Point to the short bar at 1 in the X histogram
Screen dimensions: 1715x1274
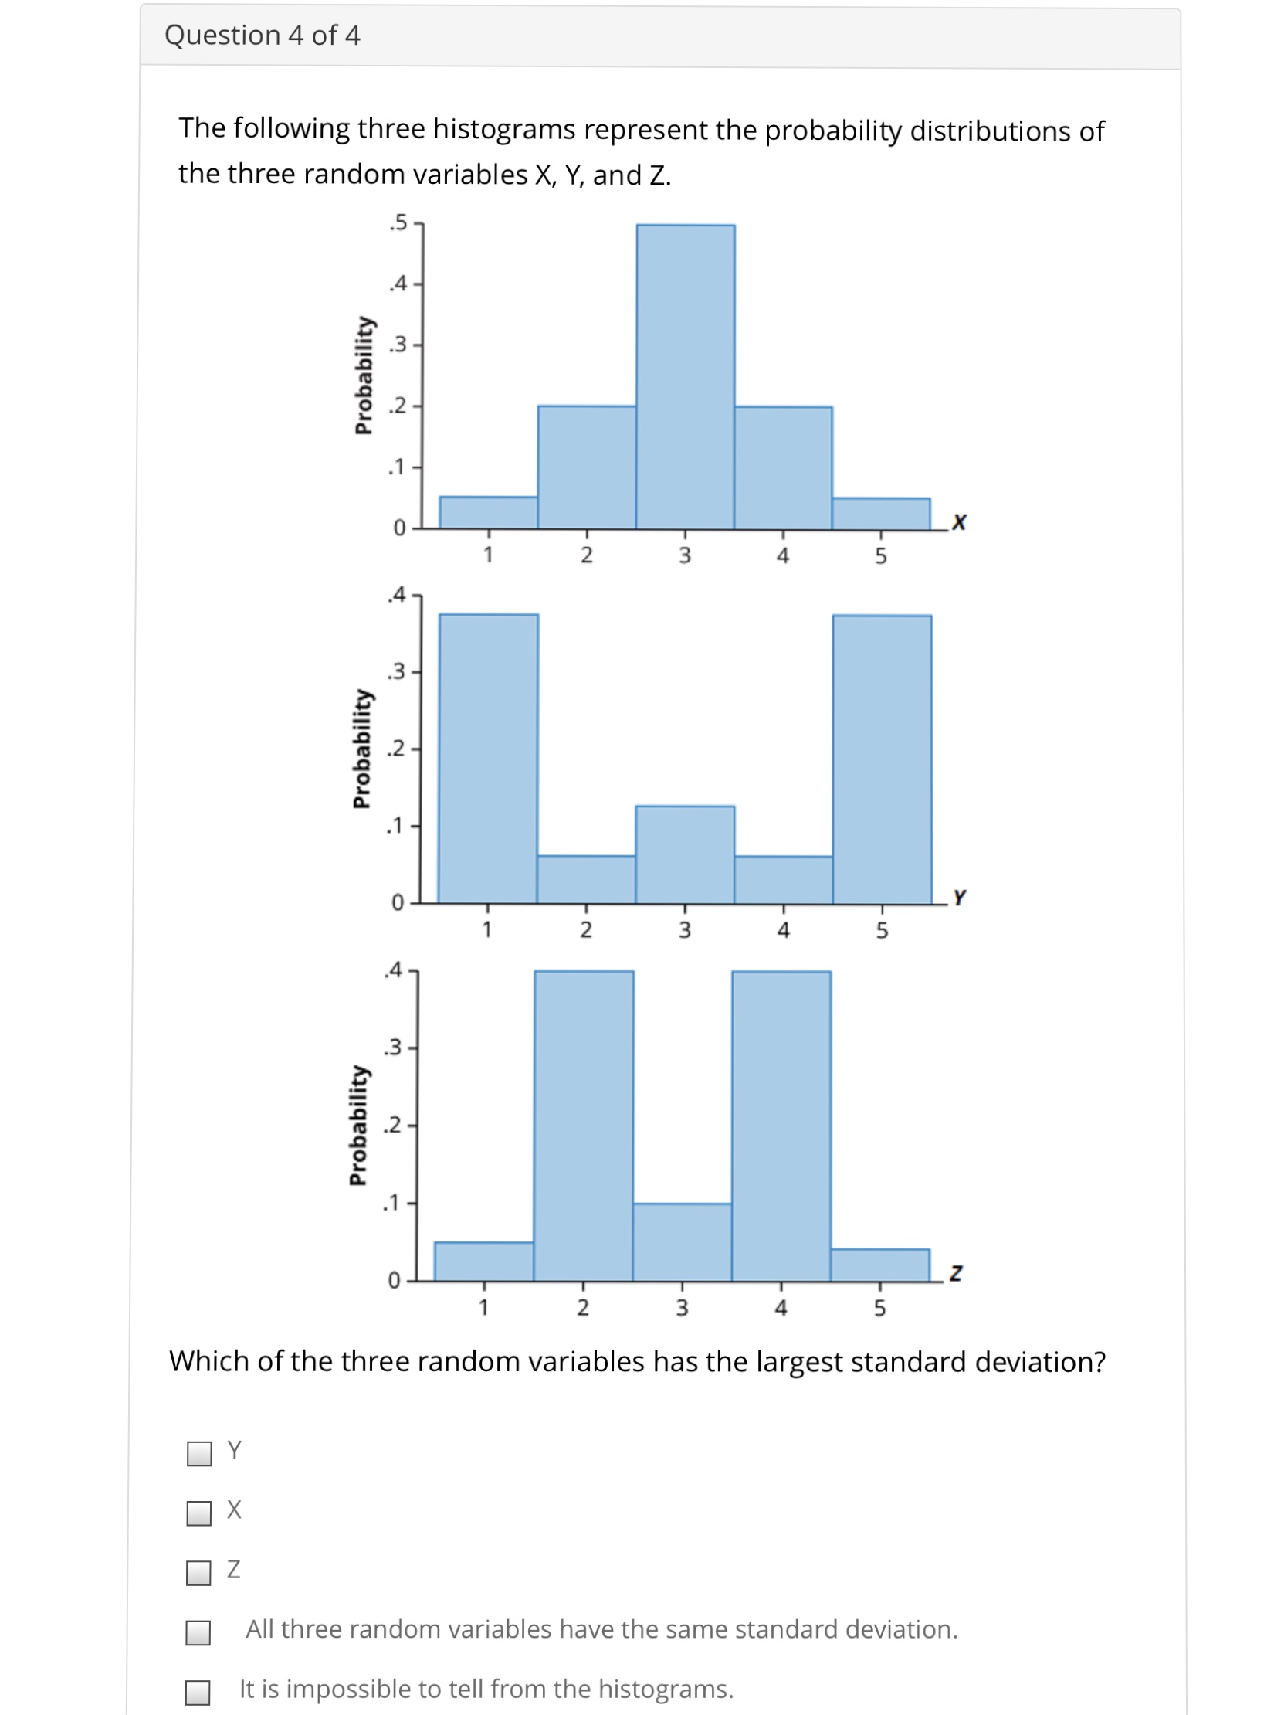(488, 513)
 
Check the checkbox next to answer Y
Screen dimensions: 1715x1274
(199, 1453)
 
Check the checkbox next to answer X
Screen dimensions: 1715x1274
(199, 1513)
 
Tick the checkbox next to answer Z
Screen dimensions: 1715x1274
(199, 1572)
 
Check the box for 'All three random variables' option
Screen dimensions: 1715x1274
(198, 1632)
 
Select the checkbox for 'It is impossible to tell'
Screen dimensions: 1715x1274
(198, 1692)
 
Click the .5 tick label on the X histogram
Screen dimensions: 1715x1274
(398, 223)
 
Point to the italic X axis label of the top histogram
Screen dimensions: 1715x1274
(959, 522)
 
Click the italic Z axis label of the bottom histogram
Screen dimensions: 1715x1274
(956, 1272)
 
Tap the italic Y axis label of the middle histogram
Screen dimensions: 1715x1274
(959, 897)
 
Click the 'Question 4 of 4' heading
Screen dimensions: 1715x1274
(262, 36)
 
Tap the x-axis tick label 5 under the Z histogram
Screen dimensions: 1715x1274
(879, 1308)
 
